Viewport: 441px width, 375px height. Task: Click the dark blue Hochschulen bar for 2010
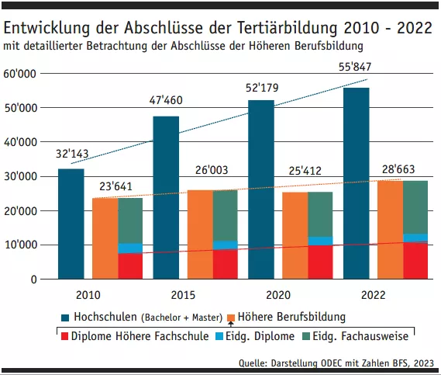(71, 224)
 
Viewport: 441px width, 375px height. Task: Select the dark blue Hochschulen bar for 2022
(356, 183)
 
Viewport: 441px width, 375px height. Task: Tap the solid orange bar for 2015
(201, 234)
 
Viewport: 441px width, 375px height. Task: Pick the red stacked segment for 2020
(320, 262)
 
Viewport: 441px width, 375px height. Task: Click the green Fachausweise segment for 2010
(130, 220)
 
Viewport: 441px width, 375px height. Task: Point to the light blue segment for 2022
(415, 238)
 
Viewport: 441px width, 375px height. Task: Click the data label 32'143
(71, 154)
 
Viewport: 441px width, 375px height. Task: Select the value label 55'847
(356, 68)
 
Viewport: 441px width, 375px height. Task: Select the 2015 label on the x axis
(184, 296)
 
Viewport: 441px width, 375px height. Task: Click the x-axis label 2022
(374, 296)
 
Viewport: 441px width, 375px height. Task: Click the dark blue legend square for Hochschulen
(65, 318)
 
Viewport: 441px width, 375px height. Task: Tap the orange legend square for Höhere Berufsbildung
(231, 318)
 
